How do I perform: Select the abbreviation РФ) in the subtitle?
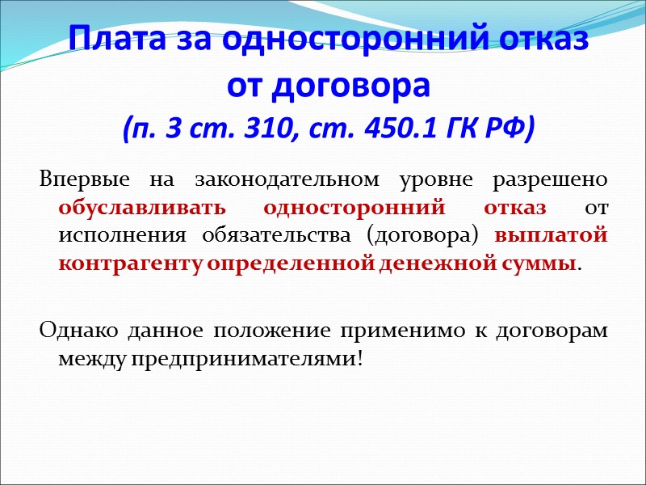tap(508, 128)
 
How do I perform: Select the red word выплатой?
tap(552, 235)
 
